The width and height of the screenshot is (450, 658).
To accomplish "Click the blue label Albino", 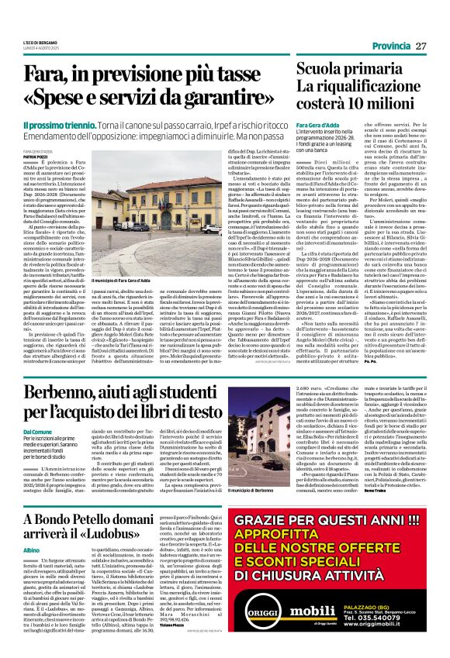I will tap(31, 570).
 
